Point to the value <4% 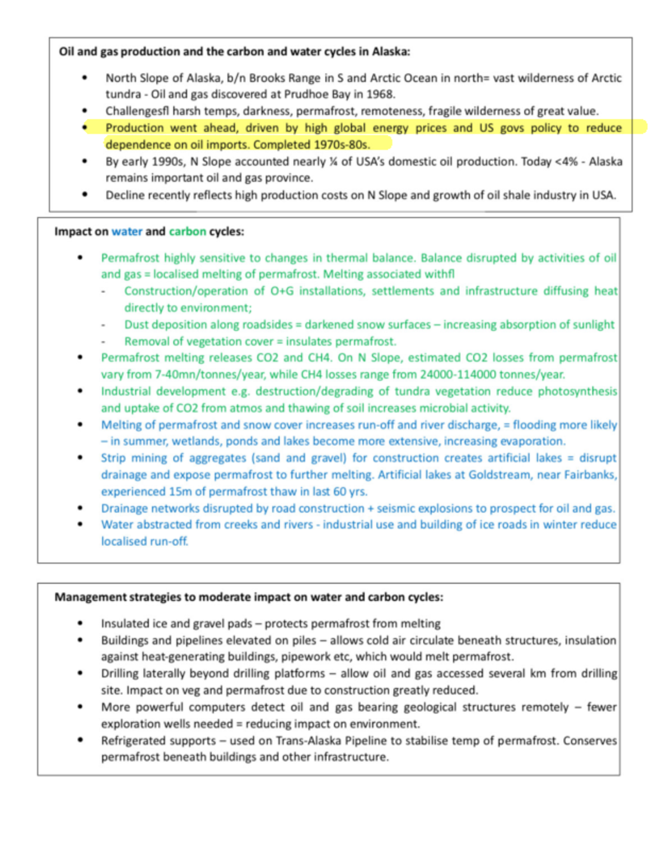pos(567,161)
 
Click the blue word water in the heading pos(127,231)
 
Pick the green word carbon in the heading pos(187,231)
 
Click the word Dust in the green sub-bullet pos(136,324)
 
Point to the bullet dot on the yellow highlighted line pos(85,128)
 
